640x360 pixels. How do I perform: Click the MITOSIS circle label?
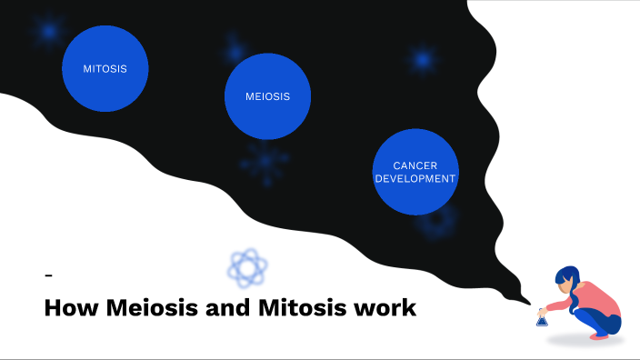point(105,68)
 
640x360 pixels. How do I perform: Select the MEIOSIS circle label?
point(268,96)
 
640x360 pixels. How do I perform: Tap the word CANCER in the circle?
point(415,165)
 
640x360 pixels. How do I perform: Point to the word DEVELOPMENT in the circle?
point(415,179)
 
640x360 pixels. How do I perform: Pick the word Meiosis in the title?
point(150,308)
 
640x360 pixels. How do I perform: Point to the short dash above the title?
point(48,275)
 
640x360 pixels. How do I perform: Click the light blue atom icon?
point(247,267)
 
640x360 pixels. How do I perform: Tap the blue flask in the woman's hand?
point(542,318)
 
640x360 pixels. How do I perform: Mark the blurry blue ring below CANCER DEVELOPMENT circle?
point(436,221)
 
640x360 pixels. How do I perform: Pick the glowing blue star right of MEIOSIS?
point(422,60)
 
